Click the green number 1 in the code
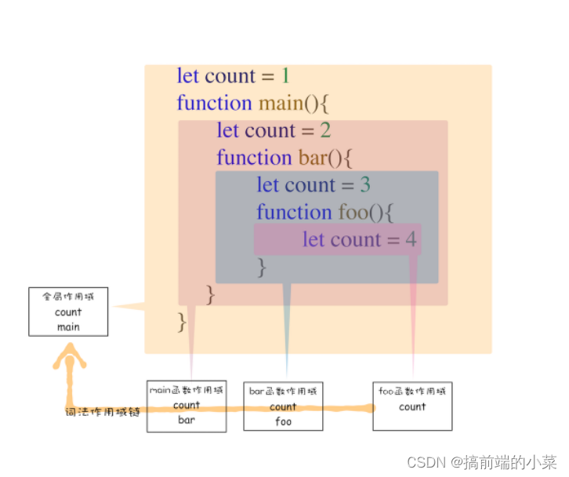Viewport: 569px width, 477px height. pos(285,76)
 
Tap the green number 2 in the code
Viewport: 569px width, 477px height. pos(325,130)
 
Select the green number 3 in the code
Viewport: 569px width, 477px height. pos(365,185)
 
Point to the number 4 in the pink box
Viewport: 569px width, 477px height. pos(411,239)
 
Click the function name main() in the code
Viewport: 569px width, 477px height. pos(287,104)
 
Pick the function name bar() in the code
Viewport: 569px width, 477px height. pos(325,158)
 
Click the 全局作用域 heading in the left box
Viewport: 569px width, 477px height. pos(68,297)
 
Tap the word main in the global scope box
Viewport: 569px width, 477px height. pos(68,327)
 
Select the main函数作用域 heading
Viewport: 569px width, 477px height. pos(187,390)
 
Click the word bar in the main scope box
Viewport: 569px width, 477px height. pos(187,420)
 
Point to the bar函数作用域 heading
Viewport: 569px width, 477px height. pos(283,391)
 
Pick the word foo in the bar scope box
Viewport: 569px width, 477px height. pos(283,421)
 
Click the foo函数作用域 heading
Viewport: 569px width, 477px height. pos(412,391)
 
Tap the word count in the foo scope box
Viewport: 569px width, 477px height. pos(412,406)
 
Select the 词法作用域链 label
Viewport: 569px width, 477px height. pos(103,411)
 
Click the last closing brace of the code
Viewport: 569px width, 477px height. pos(183,322)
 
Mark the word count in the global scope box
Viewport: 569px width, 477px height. pos(68,312)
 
